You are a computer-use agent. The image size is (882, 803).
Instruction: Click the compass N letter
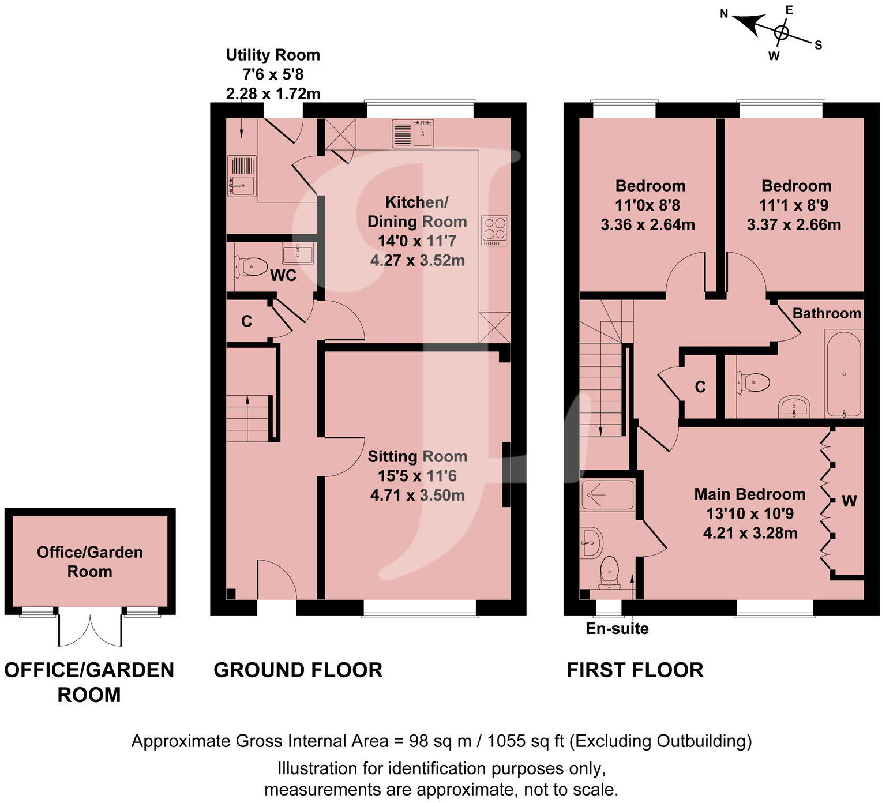725,14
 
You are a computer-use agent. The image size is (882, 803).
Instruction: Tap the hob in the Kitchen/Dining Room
494,230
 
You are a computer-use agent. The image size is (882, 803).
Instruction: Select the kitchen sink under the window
412,133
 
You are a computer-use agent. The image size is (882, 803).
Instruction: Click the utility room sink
242,176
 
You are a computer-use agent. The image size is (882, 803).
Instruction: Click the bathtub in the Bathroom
843,373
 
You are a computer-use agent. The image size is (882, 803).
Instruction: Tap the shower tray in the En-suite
607,494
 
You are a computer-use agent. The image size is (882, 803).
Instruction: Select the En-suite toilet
609,572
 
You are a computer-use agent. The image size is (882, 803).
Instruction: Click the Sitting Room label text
417,456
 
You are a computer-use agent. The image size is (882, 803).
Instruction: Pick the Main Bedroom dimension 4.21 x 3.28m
750,532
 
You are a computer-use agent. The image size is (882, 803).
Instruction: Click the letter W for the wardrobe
849,501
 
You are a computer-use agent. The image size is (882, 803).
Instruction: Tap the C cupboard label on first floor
700,387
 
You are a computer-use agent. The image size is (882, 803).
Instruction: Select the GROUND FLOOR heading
298,670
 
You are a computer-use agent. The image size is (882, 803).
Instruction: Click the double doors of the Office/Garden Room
90,629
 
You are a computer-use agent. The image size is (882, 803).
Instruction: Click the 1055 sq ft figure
525,741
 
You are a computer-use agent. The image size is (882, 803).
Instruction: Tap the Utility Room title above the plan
272,55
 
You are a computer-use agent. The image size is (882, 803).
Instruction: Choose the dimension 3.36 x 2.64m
647,224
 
